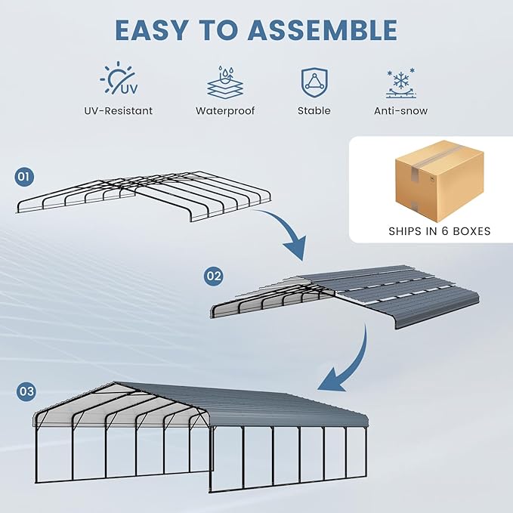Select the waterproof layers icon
(x=224, y=82)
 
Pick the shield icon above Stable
(x=314, y=81)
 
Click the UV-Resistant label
(x=119, y=111)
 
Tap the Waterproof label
(x=225, y=111)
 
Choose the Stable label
(x=314, y=111)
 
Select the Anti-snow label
(x=400, y=111)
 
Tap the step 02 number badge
(x=214, y=276)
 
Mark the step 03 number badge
(x=26, y=391)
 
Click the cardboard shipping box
(x=438, y=178)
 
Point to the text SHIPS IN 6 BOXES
(x=439, y=231)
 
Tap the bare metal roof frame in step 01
(x=144, y=195)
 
